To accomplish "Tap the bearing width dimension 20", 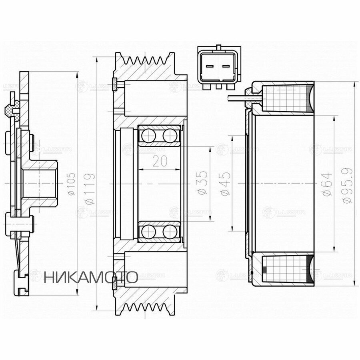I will click(160, 161).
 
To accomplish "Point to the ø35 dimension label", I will click(203, 183).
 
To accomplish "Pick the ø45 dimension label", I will click(225, 184).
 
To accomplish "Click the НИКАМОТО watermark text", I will click(91, 277).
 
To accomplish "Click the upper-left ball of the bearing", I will click(148, 136).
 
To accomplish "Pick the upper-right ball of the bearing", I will click(170, 136).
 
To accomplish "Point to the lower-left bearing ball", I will click(148, 231).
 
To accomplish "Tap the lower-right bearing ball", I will click(170, 231).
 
